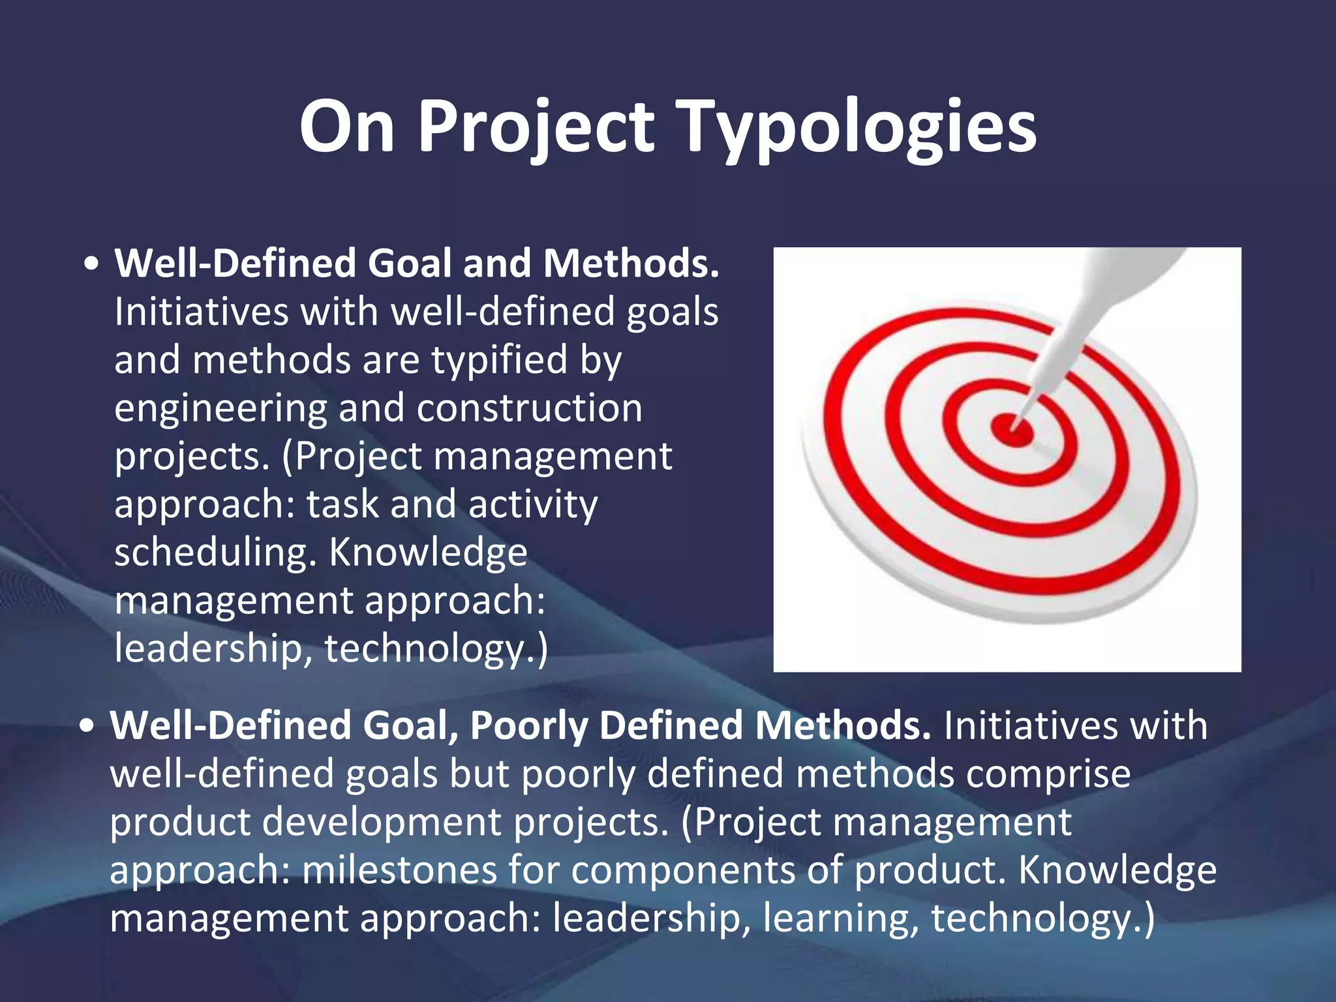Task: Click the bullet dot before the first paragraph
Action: coord(92,264)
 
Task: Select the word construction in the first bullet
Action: coord(529,408)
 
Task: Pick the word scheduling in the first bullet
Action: coord(215,553)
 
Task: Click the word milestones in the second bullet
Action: coord(399,870)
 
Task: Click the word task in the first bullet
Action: coord(342,504)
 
